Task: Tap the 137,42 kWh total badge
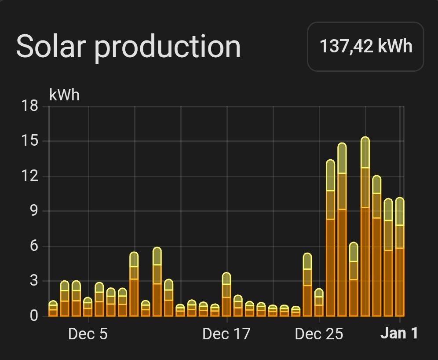click(365, 47)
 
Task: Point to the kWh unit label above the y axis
click(65, 95)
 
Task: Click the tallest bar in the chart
click(365, 229)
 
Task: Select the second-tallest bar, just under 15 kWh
click(342, 231)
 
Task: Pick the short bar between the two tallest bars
click(354, 282)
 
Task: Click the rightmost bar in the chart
click(400, 260)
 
